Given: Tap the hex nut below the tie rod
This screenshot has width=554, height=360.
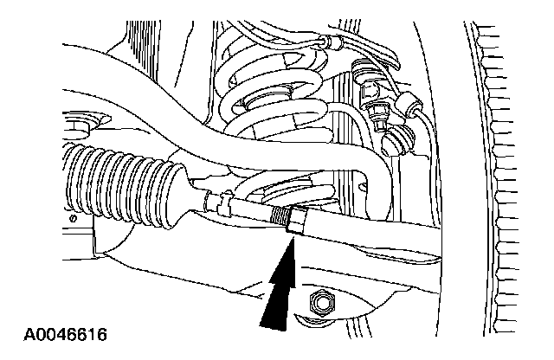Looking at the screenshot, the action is [321, 303].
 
